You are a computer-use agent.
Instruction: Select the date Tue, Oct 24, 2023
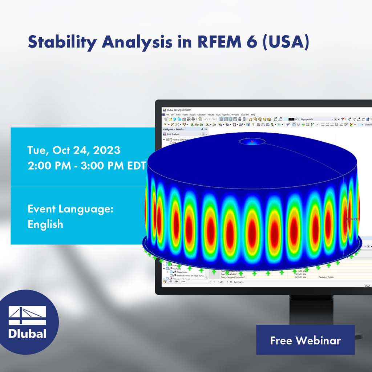(74, 150)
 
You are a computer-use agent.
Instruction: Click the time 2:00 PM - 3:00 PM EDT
(87, 166)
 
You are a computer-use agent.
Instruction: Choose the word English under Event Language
(45, 224)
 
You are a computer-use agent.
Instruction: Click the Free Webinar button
(305, 340)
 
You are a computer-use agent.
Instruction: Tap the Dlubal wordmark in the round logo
(28, 333)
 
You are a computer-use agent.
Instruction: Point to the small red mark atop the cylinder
(252, 141)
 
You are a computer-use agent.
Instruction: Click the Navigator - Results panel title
(173, 129)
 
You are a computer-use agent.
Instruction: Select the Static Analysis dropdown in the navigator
(183, 134)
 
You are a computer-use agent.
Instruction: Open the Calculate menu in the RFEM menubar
(201, 114)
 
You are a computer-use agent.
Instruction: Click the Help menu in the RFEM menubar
(253, 114)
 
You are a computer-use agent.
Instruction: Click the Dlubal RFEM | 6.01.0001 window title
(178, 110)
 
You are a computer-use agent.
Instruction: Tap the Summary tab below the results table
(238, 282)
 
